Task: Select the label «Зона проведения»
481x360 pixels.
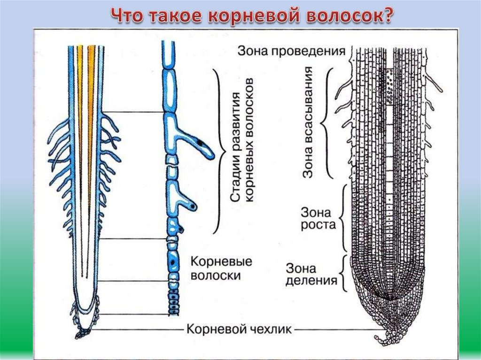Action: pos(292,51)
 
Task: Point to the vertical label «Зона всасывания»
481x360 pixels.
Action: pos(308,123)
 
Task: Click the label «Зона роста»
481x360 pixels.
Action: pos(318,218)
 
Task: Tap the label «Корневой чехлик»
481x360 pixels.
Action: pos(240,329)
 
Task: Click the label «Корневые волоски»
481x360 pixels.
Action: pos(221,268)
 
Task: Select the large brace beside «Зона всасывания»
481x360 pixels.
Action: pos(327,123)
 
